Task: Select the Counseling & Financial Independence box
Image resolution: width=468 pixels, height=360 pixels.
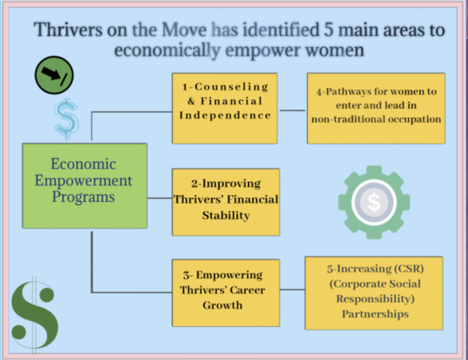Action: [x=224, y=108]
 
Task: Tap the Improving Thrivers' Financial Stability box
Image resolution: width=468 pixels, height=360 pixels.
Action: [x=225, y=200]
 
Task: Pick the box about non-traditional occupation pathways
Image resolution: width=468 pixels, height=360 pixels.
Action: [x=376, y=108]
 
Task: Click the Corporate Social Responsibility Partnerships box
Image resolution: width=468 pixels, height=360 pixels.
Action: [x=375, y=292]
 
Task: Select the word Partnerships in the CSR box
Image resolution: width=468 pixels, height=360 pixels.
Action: [x=375, y=313]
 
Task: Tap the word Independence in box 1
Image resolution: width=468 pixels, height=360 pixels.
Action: [x=224, y=115]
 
